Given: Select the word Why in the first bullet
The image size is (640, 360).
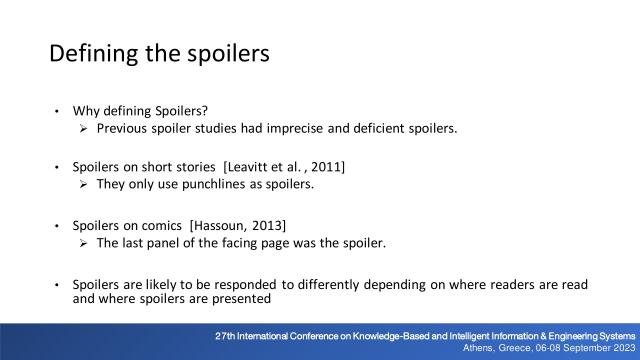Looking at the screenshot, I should (x=85, y=111).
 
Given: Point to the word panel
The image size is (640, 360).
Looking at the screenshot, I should (x=166, y=241).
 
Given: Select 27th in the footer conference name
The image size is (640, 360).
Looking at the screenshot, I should (x=227, y=334).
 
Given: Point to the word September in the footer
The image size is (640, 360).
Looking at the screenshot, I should (x=583, y=348).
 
